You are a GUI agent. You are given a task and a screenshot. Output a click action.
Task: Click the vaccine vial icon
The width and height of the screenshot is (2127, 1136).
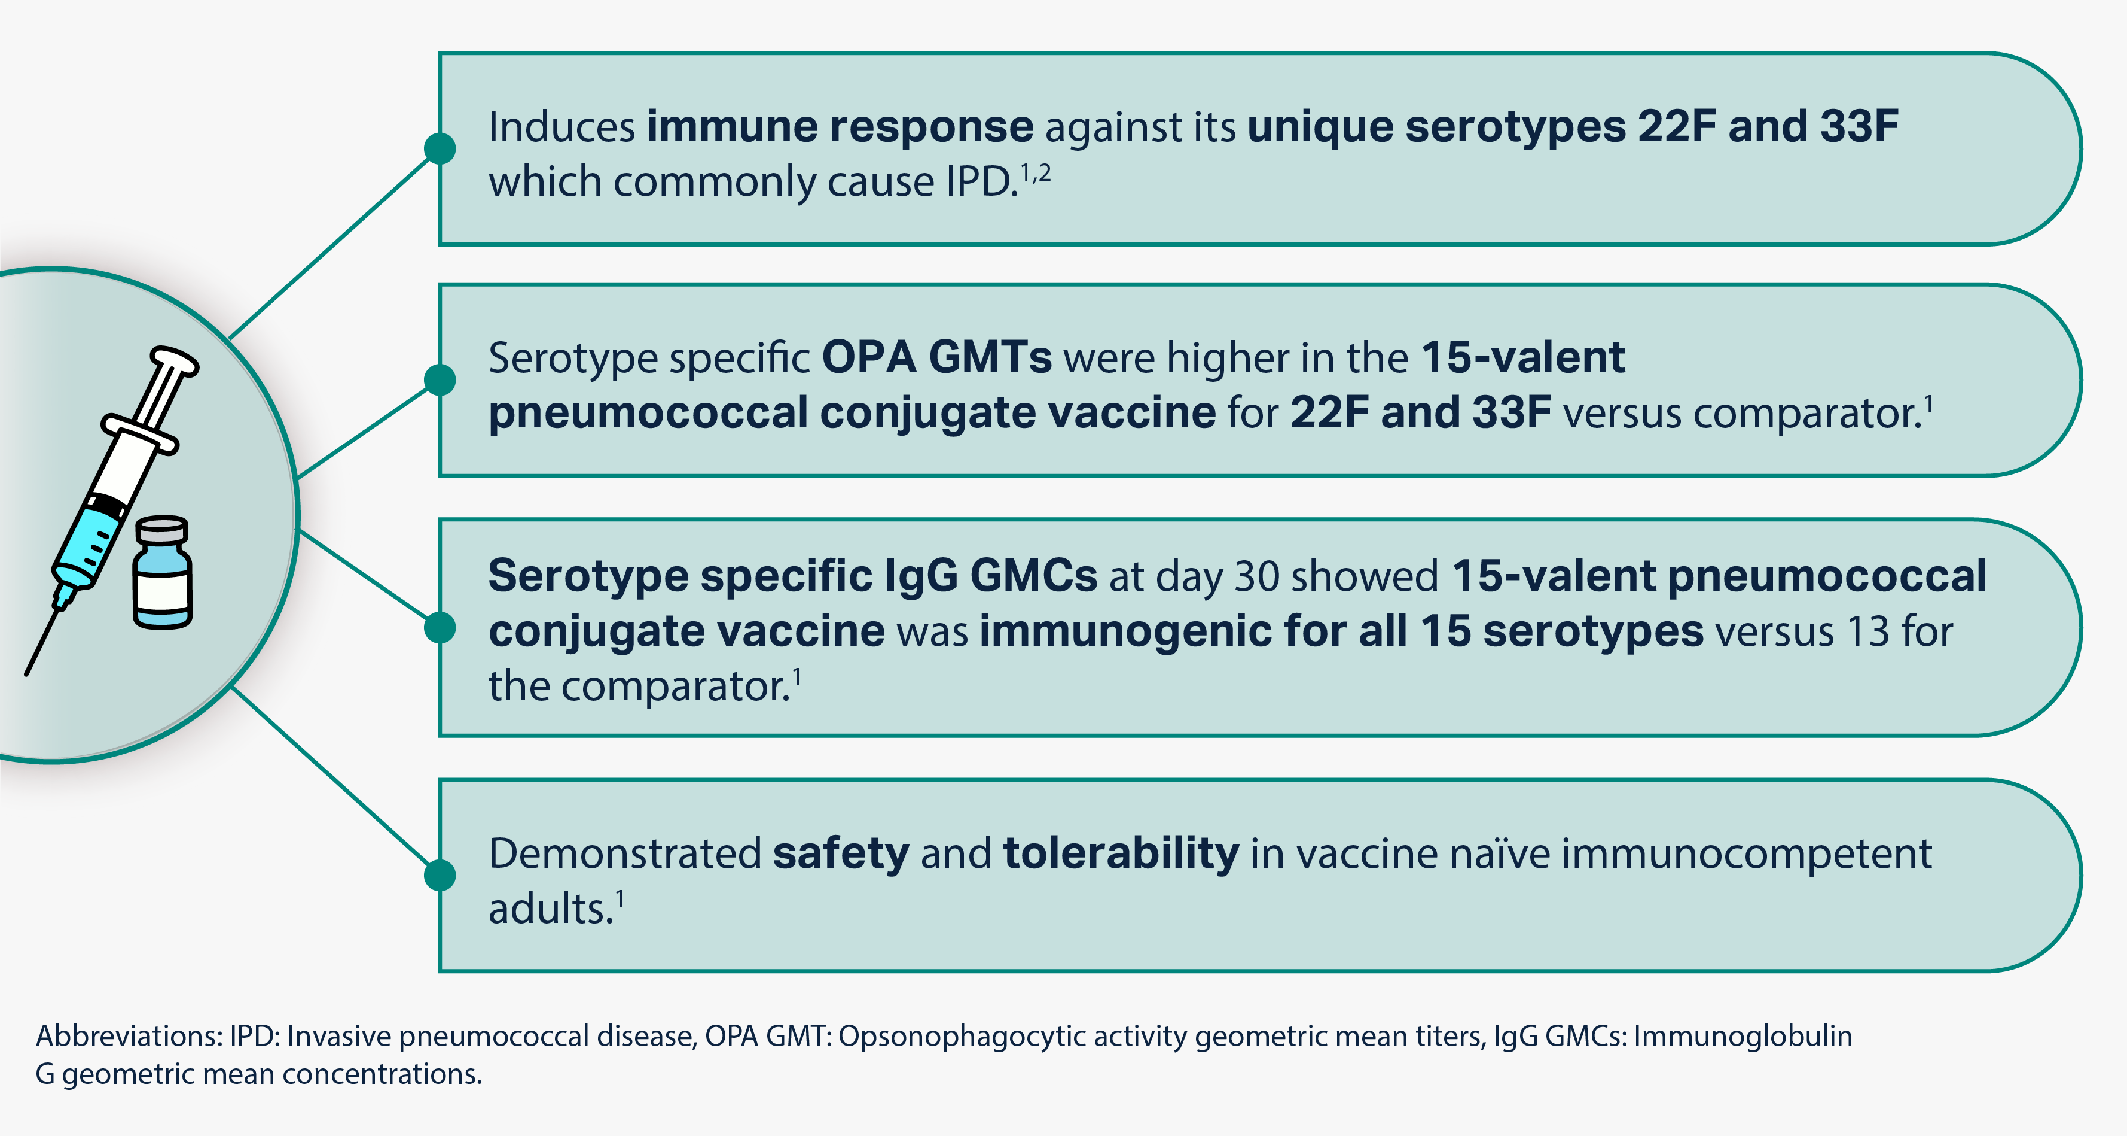163,573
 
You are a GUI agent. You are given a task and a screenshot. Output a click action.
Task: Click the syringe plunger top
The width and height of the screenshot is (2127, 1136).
174,361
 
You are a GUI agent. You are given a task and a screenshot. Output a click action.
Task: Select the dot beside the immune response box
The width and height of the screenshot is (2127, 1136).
440,148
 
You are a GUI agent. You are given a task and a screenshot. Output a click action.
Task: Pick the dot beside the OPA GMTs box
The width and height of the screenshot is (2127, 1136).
440,380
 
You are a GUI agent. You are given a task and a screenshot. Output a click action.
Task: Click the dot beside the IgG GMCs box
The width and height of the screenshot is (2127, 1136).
440,627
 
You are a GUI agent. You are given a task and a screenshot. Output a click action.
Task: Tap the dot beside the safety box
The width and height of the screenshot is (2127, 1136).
440,875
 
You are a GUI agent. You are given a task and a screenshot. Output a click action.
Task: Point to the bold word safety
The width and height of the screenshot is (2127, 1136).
841,853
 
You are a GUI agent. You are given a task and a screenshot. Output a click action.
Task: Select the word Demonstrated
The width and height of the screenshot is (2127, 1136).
624,853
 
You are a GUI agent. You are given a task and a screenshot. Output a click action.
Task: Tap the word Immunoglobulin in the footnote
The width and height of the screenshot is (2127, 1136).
1743,1037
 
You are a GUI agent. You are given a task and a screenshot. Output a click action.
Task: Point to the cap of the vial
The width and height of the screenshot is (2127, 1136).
162,528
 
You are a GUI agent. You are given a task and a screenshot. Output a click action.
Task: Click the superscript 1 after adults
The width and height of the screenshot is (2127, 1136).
620,900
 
